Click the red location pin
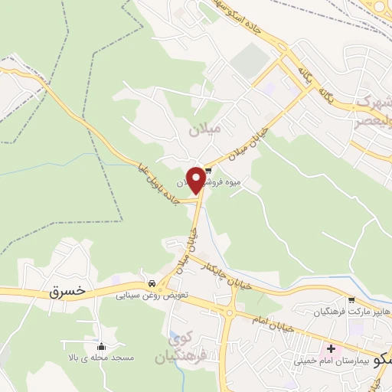coord(196,179)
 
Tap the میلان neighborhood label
coord(205,130)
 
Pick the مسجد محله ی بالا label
coord(101,358)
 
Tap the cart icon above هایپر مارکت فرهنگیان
coord(351,300)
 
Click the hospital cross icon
coord(330,348)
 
